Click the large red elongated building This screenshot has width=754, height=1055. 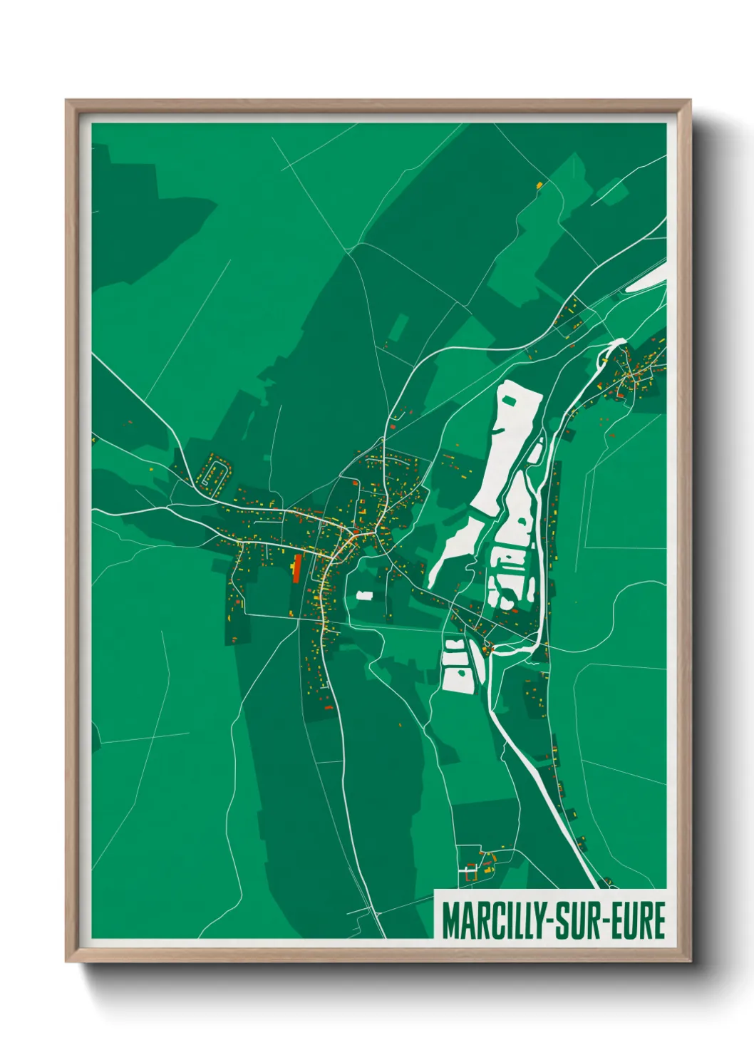point(296,567)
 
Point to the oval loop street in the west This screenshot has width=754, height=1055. point(214,475)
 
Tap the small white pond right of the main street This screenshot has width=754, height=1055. point(364,595)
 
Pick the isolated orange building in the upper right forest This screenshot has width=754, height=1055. point(539,185)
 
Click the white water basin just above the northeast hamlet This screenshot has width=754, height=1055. point(616,345)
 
